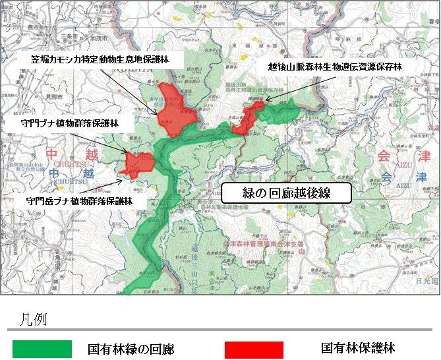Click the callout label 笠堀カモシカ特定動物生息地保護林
(x=100, y=59)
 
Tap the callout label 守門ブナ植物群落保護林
(x=69, y=123)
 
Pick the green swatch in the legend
(x=42, y=349)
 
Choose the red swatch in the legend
(x=254, y=349)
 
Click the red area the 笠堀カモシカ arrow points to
(x=173, y=107)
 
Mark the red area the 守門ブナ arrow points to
(x=139, y=160)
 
